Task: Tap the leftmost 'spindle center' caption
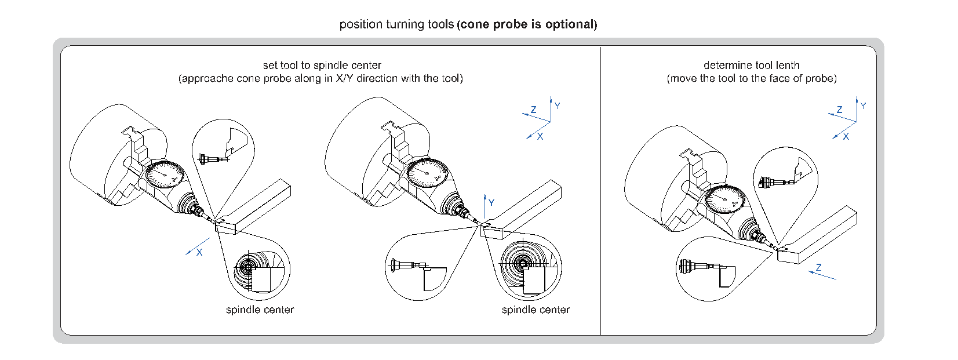(x=260, y=310)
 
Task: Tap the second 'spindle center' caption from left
(x=536, y=310)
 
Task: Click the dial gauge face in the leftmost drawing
(x=165, y=174)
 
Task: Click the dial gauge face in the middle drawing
(x=427, y=173)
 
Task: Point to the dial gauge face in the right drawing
(x=724, y=199)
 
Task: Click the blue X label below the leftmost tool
(x=199, y=253)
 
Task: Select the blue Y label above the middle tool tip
(x=491, y=203)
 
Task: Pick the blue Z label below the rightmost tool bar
(x=818, y=268)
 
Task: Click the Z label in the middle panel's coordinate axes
(x=533, y=110)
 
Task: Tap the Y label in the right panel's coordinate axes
(x=863, y=106)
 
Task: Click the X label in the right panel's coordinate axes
(x=846, y=137)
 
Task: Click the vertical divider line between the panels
(x=601, y=191)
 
